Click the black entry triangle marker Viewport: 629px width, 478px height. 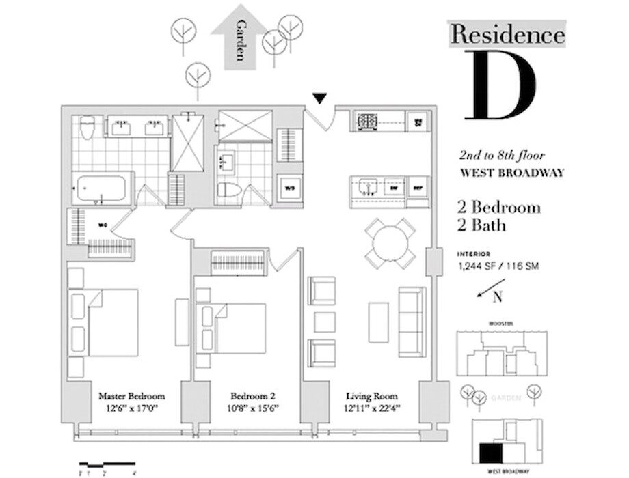point(319,100)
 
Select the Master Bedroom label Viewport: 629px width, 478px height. point(131,396)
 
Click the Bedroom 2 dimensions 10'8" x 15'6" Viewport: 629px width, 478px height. point(245,408)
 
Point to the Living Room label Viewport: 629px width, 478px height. point(372,396)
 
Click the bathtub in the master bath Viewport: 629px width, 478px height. point(102,188)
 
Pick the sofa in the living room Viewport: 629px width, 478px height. point(412,321)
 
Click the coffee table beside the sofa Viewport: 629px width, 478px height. point(378,322)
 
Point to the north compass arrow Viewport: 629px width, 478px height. point(490,289)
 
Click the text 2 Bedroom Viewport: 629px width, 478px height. point(498,207)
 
